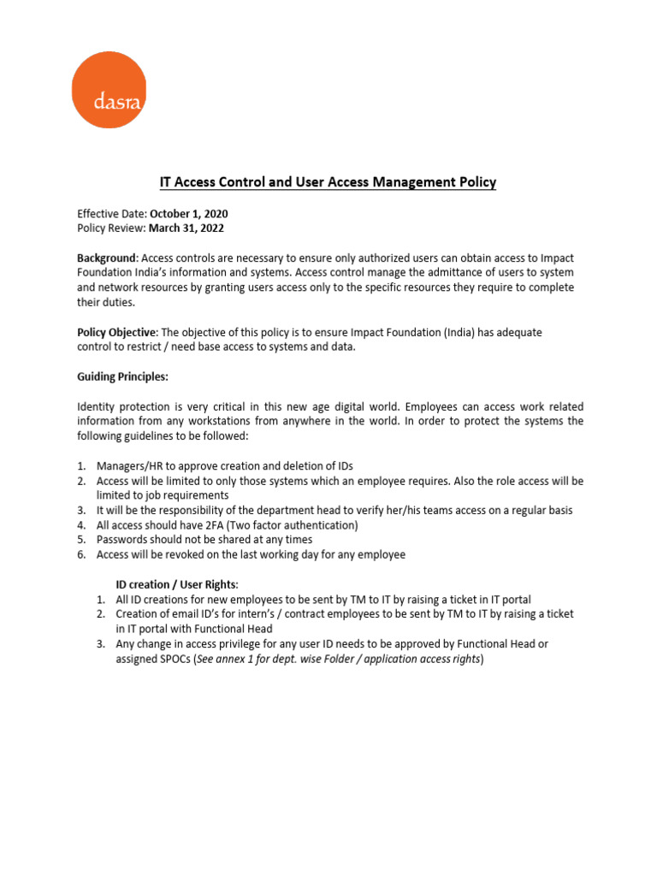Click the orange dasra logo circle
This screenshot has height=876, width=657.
point(108,90)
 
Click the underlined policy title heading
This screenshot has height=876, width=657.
point(328,182)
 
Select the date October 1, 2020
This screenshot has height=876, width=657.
point(189,214)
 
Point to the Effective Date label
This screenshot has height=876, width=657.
point(110,214)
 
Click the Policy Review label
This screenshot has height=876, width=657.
point(111,228)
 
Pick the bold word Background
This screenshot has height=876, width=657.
point(107,257)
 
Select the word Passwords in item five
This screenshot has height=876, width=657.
point(122,540)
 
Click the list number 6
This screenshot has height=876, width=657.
point(81,554)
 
